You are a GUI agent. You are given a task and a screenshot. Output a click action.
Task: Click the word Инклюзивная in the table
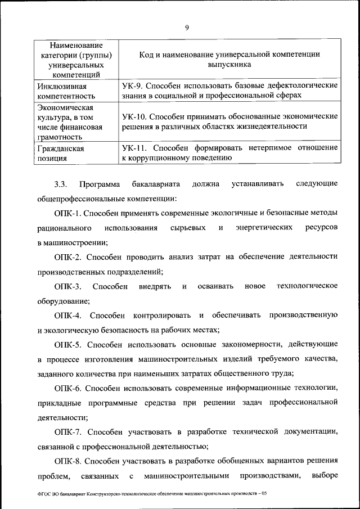click(61, 86)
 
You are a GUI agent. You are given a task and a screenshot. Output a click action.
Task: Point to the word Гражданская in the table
click(61, 148)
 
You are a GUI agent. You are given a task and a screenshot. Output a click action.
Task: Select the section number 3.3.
click(61, 184)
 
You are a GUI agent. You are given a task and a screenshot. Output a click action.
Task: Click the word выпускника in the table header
click(229, 65)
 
